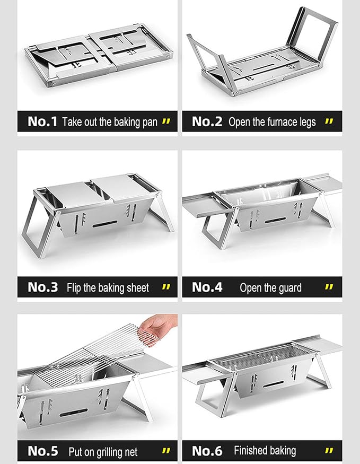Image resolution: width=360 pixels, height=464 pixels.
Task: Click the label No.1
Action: [42, 121]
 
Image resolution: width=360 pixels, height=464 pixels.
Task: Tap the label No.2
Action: [207, 121]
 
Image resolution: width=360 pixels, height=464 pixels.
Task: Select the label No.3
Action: [43, 287]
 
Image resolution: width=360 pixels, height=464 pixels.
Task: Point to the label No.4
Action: [207, 287]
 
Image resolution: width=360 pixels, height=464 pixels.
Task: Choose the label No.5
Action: [43, 451]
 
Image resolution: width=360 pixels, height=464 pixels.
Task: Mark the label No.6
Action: [207, 451]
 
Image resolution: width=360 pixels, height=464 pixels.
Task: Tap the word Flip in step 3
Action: [74, 288]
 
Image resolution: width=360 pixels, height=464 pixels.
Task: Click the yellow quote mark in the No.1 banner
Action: [166, 121]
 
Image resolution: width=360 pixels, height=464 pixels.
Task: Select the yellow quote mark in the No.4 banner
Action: [329, 287]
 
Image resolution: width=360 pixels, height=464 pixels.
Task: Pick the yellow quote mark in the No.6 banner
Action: [329, 451]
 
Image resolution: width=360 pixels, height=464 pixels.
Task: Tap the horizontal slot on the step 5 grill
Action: [74, 413]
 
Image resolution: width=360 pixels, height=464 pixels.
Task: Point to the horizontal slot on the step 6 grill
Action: [274, 384]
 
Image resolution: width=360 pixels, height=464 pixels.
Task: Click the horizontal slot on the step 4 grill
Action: [275, 220]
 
